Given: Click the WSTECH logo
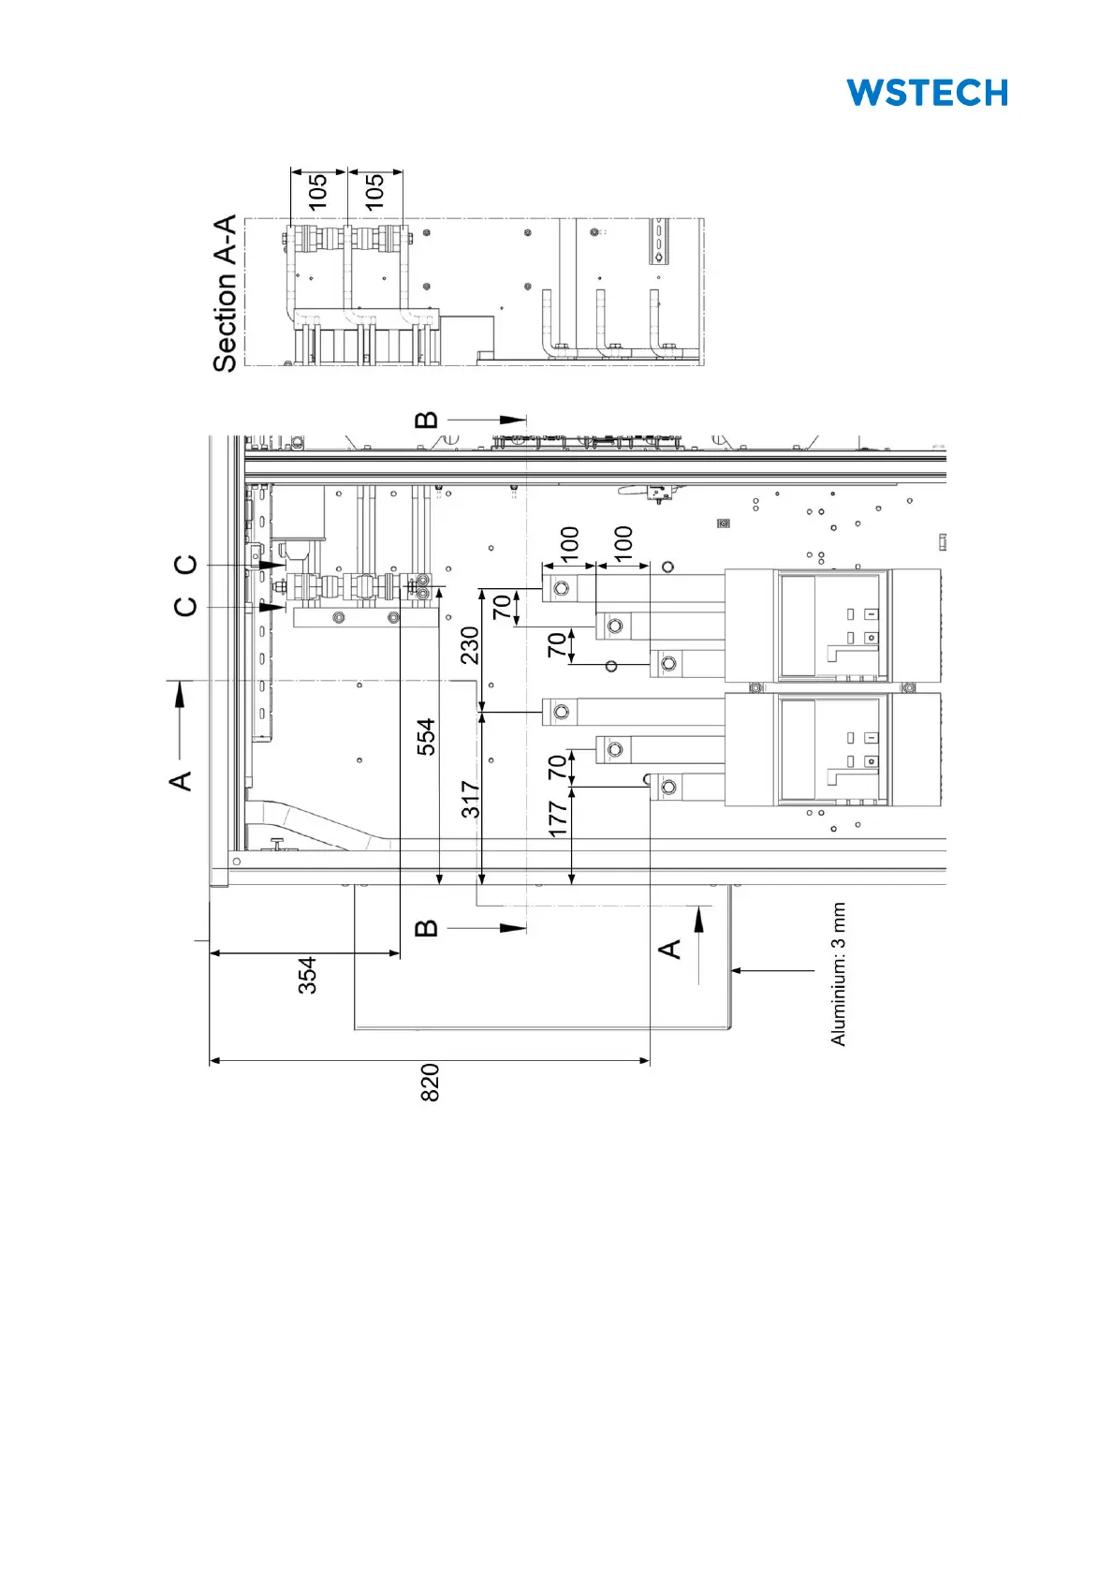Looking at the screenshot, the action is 927,93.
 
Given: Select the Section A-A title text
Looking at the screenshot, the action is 225,293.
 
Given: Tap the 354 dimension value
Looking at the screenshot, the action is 307,975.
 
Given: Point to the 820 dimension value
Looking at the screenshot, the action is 430,1082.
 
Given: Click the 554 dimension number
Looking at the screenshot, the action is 426,736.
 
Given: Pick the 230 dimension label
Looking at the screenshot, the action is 470,645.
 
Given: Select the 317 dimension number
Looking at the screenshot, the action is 470,799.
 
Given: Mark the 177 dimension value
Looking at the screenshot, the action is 558,818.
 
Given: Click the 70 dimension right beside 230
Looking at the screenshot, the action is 503,607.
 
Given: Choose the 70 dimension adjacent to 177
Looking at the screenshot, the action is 558,767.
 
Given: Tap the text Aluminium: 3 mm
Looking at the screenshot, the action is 838,974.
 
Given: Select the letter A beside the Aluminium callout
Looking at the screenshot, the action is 670,949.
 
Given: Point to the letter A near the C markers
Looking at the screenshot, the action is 181,780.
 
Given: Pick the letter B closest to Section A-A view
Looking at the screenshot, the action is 426,420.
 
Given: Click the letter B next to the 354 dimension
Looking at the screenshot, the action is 426,928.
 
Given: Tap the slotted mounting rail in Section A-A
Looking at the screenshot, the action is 659,241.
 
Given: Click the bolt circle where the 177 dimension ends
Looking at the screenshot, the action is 668,787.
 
